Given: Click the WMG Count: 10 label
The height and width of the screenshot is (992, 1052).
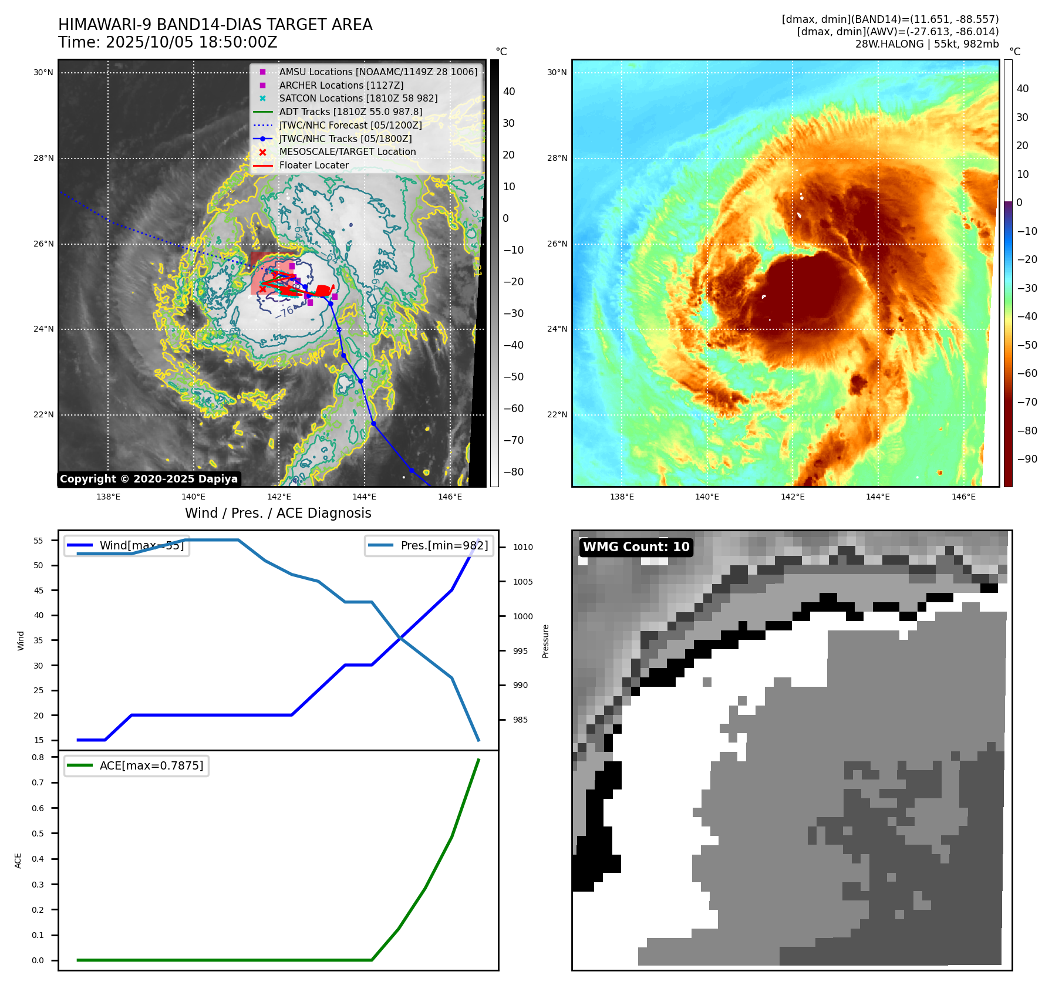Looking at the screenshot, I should click(x=636, y=547).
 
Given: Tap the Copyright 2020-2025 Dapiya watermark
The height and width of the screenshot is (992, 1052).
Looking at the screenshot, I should click(x=149, y=479).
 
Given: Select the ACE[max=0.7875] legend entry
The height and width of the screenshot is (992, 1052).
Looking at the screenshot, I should click(x=151, y=765).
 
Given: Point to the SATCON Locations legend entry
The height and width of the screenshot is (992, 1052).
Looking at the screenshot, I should click(x=358, y=99).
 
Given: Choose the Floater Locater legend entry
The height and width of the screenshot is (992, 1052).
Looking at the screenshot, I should click(x=313, y=166).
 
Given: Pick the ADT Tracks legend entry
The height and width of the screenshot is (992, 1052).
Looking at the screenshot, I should click(x=350, y=112).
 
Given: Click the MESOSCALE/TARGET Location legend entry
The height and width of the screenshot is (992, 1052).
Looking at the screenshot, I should click(x=347, y=152).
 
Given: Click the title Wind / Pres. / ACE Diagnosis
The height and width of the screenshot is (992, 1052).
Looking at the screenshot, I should click(x=278, y=513).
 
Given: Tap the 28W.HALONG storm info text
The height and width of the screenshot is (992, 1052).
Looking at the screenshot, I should click(x=926, y=44).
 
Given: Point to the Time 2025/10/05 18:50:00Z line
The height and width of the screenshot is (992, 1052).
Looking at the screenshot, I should click(x=168, y=42).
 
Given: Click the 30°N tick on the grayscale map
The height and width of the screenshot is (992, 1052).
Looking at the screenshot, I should click(x=43, y=73).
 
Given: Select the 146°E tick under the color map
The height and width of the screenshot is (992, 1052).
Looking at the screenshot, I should click(x=963, y=497).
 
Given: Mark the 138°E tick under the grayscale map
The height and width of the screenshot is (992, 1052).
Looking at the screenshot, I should click(x=109, y=497).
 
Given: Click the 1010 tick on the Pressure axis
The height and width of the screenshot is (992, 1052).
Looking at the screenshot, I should click(x=522, y=547).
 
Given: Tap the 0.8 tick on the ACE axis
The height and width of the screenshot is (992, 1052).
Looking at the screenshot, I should click(x=38, y=757).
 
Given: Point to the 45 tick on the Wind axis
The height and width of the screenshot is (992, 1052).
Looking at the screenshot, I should click(x=39, y=591).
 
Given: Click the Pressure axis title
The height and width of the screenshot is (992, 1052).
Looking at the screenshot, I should click(x=546, y=641).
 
